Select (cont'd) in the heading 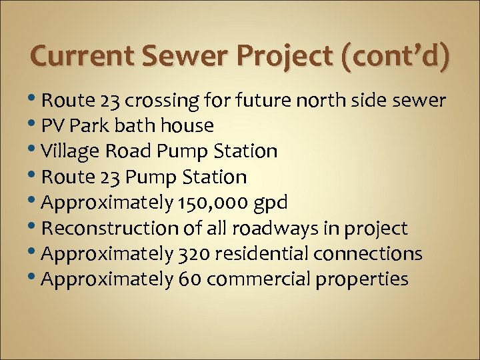click(395, 57)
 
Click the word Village click(69, 151)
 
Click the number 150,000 click(213, 203)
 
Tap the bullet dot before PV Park click(35, 125)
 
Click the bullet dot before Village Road click(35, 150)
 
